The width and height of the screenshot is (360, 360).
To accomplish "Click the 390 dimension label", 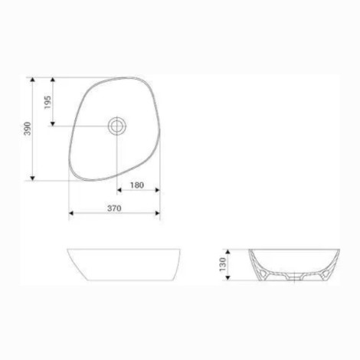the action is tap(27, 129).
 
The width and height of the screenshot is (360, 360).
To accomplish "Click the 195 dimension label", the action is tap(47, 102).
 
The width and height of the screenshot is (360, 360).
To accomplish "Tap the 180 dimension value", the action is tap(137, 185).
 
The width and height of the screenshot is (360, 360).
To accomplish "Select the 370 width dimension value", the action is tap(114, 208).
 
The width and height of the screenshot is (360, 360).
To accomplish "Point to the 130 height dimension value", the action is tap(223, 264).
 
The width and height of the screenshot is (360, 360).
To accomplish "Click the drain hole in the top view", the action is tap(117, 126).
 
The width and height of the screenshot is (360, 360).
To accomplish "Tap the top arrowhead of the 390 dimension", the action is tap(32, 80).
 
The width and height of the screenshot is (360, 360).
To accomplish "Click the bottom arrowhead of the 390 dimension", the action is tap(32, 178).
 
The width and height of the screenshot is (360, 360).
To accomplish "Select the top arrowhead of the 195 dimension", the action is tap(53, 80).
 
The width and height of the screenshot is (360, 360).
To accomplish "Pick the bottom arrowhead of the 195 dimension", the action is tap(53, 124).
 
